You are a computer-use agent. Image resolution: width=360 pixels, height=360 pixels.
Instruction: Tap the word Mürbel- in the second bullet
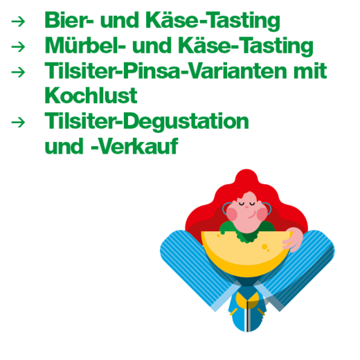pyautogui.click(x=85, y=45)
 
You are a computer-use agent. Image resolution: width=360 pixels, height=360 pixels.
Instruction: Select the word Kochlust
pyautogui.click(x=91, y=95)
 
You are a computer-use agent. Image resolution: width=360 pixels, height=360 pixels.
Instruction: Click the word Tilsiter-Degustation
pyautogui.click(x=147, y=121)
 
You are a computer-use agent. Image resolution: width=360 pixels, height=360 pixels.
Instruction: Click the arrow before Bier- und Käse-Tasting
pyautogui.click(x=18, y=21)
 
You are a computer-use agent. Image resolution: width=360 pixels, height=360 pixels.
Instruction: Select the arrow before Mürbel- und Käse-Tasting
pyautogui.click(x=18, y=47)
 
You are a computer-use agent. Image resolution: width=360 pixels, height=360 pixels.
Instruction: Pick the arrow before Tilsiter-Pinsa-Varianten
pyautogui.click(x=18, y=72)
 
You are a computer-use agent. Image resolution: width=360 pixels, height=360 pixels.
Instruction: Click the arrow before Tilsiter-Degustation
pyautogui.click(x=18, y=122)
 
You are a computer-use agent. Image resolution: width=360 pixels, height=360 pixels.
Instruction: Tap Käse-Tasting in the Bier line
pyautogui.click(x=213, y=21)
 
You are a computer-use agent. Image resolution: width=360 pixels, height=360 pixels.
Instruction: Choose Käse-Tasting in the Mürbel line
pyautogui.click(x=246, y=46)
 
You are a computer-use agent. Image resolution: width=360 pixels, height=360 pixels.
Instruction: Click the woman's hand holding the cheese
pyautogui.click(x=293, y=240)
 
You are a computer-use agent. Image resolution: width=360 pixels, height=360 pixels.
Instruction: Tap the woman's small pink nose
pyautogui.click(x=246, y=207)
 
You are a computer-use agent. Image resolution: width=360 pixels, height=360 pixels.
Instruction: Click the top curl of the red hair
pyautogui.click(x=246, y=177)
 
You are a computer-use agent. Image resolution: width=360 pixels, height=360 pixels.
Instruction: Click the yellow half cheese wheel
pyautogui.click(x=245, y=253)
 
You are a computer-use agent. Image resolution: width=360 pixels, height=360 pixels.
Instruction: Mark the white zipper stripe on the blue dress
pyautogui.click(x=247, y=316)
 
